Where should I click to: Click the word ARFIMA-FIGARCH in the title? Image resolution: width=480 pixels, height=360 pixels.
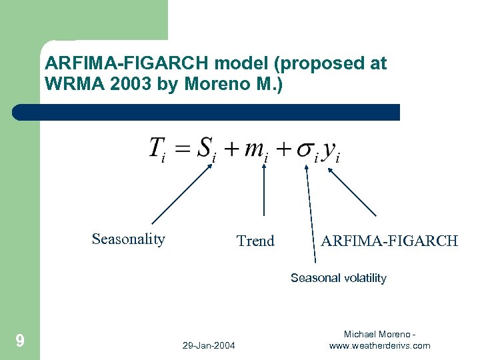(127, 64)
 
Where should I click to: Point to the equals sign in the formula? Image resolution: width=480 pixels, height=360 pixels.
(183, 149)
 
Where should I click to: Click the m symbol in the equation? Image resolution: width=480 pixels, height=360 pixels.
(254, 149)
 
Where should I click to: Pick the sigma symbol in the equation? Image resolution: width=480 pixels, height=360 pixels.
(306, 149)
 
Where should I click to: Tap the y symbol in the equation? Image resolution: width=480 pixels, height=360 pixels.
(329, 151)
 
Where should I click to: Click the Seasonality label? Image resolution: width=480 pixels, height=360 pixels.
(128, 239)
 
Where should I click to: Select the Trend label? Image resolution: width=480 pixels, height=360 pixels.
(255, 241)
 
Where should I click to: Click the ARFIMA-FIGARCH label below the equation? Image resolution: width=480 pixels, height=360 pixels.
(389, 241)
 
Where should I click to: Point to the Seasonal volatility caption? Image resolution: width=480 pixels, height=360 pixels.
(338, 278)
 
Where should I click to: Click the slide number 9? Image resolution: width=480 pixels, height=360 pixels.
(20, 341)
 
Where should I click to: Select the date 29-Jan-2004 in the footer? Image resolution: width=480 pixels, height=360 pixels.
(208, 345)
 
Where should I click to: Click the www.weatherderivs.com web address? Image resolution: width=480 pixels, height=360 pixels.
(379, 345)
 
